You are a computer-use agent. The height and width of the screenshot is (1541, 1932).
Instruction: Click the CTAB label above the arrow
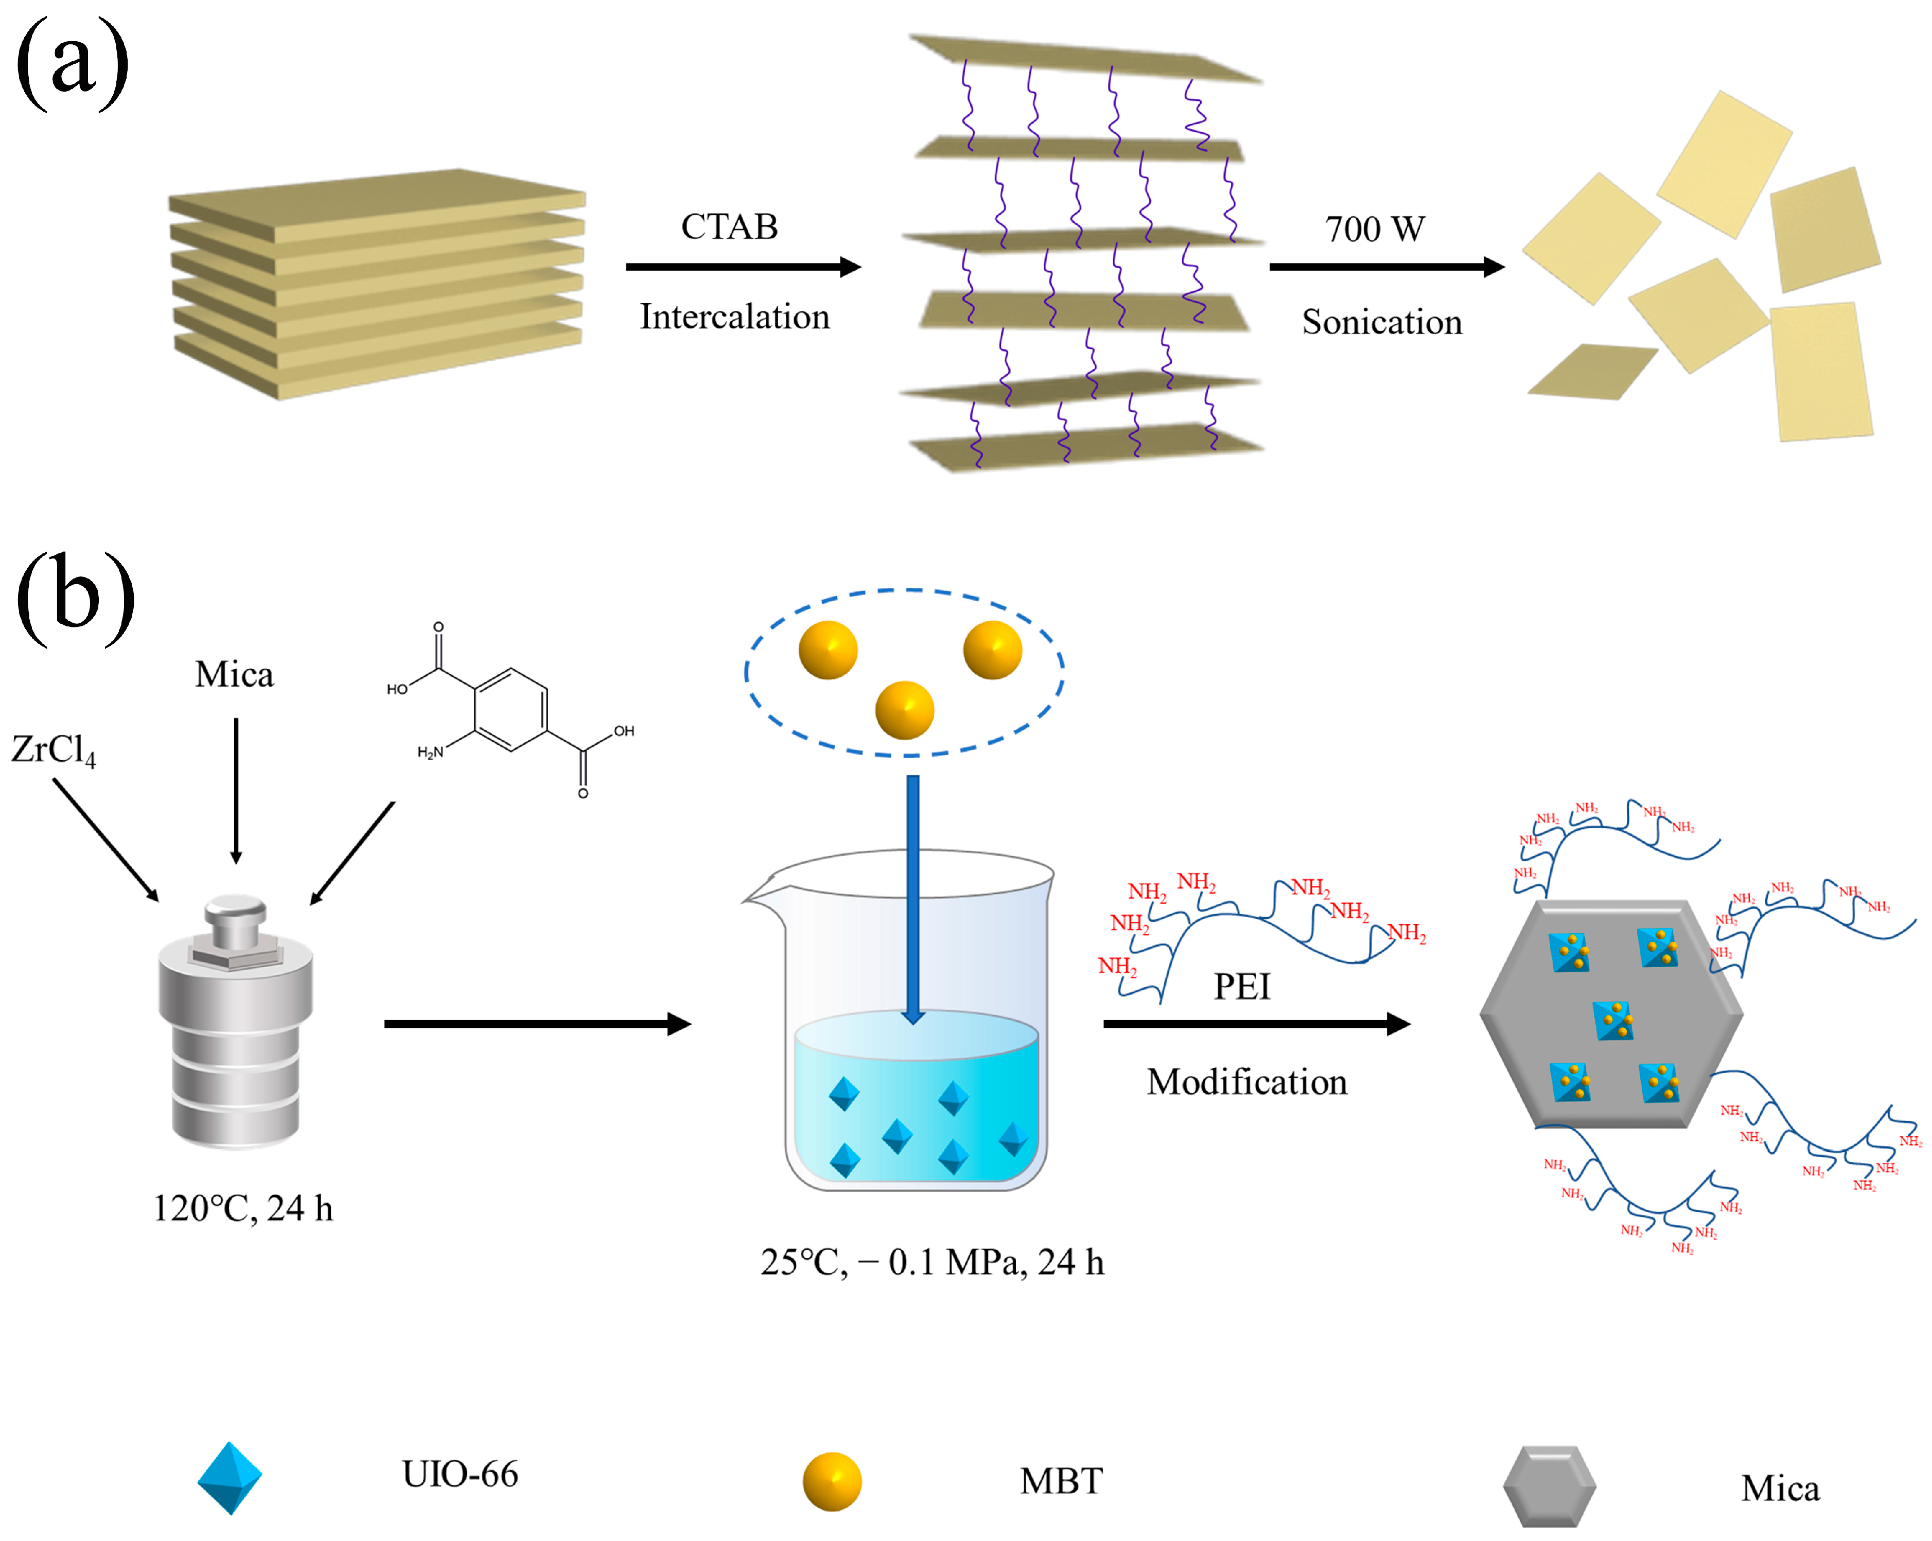tap(729, 226)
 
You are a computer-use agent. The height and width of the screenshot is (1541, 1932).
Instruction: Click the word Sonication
tap(1381, 322)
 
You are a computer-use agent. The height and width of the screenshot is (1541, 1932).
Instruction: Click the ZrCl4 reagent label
tap(53, 750)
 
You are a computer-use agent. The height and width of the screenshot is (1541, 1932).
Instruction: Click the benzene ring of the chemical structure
tap(510, 710)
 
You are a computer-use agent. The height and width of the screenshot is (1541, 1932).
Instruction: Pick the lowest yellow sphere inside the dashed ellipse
tap(904, 710)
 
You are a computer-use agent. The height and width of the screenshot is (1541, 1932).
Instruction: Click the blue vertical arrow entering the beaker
tap(912, 896)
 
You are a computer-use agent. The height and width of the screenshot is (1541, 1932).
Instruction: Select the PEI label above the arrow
tap(1241, 987)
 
